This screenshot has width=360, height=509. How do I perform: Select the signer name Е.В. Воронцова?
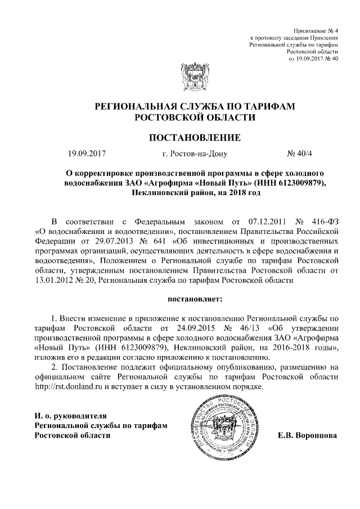click(x=308, y=435)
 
